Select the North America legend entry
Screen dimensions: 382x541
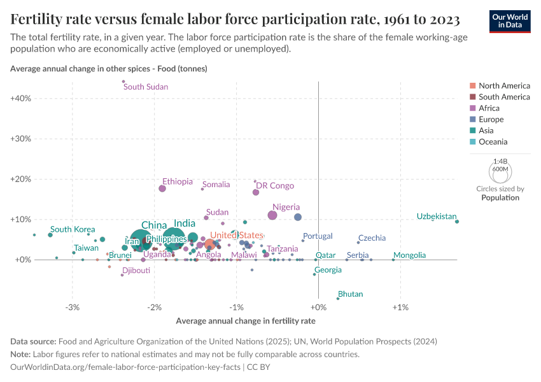504,86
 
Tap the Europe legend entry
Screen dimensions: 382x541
491,120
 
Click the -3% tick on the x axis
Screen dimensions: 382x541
73,308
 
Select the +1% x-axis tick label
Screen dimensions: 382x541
400,308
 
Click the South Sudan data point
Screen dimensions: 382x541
123,81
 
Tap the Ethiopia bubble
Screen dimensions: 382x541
162,188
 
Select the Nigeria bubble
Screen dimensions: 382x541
272,215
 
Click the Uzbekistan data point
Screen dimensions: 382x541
457,222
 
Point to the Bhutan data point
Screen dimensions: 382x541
338,298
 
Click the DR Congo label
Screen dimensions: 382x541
275,186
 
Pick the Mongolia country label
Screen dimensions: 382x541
410,255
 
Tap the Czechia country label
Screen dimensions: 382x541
372,238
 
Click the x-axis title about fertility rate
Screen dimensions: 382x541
245,321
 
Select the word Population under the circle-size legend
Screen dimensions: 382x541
500,198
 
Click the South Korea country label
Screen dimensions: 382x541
73,229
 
